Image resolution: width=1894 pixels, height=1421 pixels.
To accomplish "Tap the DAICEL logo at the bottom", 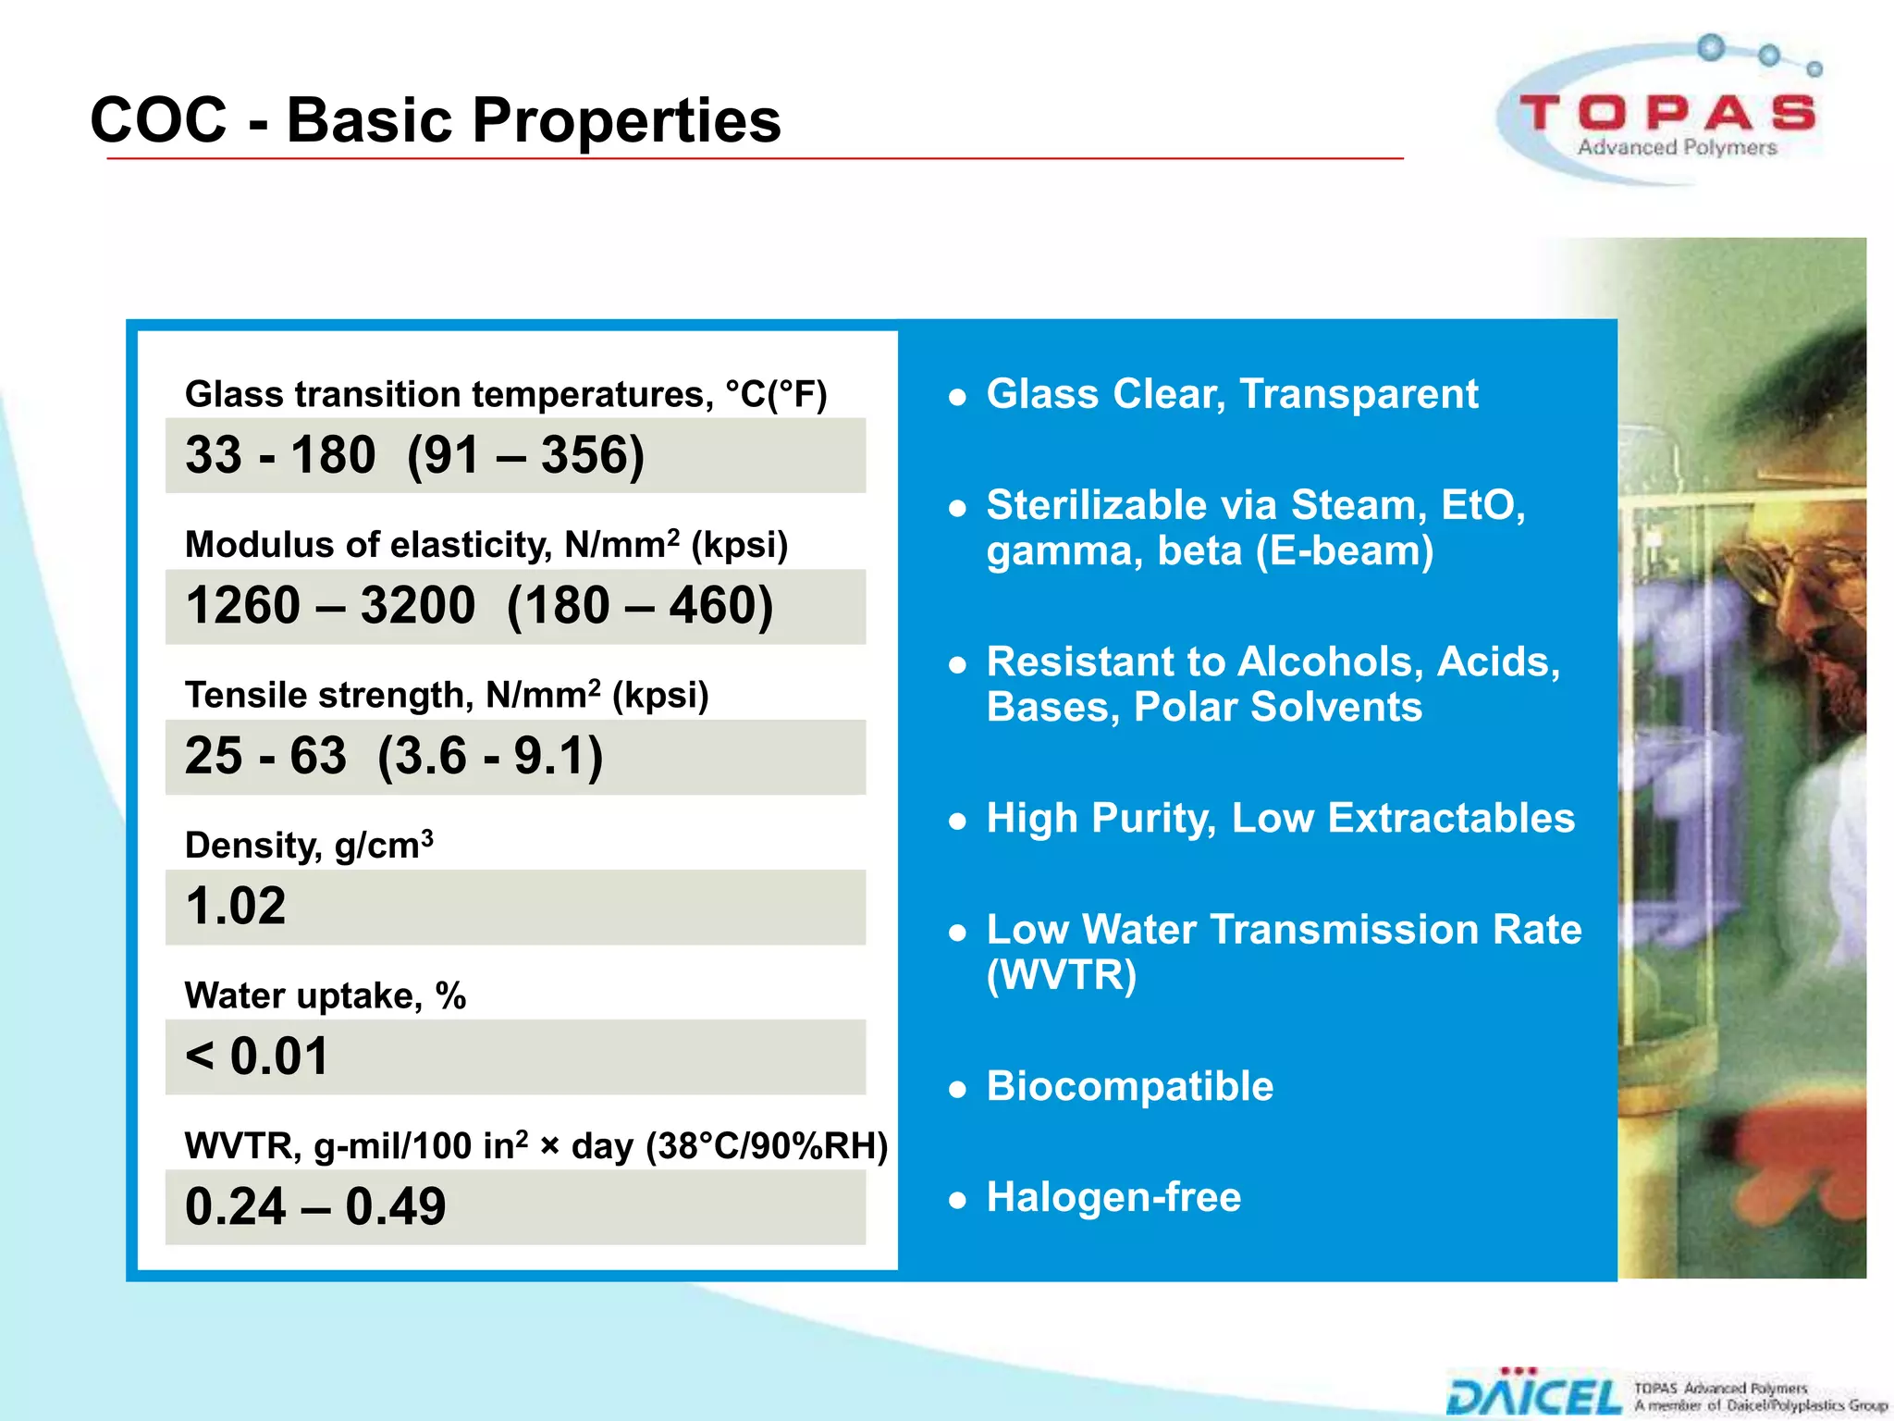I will tap(1534, 1396).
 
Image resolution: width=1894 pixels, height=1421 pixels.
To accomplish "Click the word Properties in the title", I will tap(626, 120).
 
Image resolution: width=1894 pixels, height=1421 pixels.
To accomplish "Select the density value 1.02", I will tap(236, 906).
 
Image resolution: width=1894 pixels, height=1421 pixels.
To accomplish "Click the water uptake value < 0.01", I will tap(257, 1056).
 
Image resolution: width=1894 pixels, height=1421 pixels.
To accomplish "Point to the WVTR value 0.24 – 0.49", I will tap(315, 1206).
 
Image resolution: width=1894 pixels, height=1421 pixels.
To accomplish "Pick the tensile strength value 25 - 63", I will tap(265, 756).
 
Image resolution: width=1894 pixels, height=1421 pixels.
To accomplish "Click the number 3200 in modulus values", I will tap(418, 606).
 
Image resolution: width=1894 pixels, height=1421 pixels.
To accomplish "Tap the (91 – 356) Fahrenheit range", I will tap(525, 455).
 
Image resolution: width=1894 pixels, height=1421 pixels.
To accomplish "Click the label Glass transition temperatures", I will tap(449, 394).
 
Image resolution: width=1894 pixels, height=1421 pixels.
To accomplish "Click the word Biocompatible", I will tap(1129, 1086).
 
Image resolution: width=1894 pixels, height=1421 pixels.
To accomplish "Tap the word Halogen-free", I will tap(1113, 1197).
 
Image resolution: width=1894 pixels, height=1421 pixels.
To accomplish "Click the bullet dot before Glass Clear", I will tap(958, 398).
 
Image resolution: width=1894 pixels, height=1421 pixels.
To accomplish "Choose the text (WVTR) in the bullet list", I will tap(1062, 975).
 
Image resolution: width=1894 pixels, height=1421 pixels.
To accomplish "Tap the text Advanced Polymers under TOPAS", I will tap(1677, 148).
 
